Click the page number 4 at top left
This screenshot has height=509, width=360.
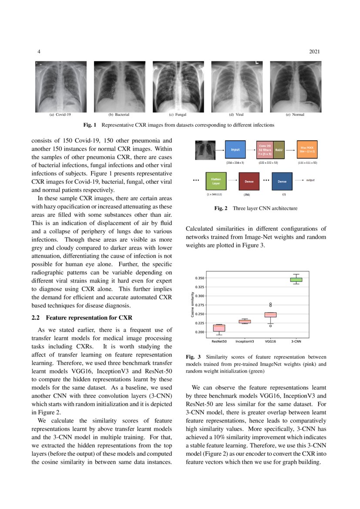tap(40, 52)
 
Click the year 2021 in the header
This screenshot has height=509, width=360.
tap(314, 52)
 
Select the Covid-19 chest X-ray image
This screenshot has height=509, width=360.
tap(61, 86)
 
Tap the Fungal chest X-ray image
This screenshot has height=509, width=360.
tap(178, 86)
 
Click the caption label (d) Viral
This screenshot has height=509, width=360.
tap(236, 115)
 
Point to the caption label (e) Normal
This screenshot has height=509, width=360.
tap(295, 115)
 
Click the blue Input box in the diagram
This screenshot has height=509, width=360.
tap(235, 149)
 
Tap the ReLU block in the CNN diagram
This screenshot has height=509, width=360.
tap(279, 149)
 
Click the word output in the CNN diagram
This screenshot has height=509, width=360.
tap(310, 179)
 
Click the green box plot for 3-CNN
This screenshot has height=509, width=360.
tap(296, 280)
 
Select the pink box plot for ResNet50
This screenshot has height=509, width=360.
tap(219, 328)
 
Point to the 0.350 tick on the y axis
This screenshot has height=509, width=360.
tap(199, 278)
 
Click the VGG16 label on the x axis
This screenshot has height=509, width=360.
tap(270, 342)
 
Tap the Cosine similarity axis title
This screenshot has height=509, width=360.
tap(192, 305)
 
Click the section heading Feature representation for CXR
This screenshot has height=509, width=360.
tap(85, 317)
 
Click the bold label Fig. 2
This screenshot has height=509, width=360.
tap(221, 209)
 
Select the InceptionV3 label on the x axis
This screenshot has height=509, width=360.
tap(245, 342)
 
